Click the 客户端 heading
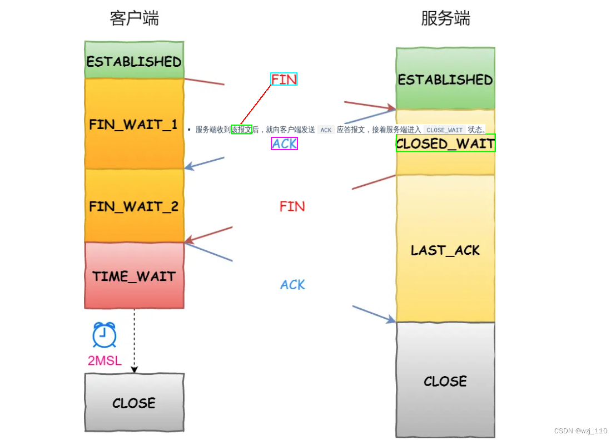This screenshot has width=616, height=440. pyautogui.click(x=134, y=18)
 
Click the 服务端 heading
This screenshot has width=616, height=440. pyautogui.click(x=445, y=18)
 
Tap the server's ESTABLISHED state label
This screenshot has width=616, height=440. pyautogui.click(x=445, y=80)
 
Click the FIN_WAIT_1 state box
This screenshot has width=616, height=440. pyautogui.click(x=133, y=124)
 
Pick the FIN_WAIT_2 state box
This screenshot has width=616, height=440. pyautogui.click(x=134, y=206)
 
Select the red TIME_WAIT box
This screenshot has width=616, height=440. pyautogui.click(x=134, y=276)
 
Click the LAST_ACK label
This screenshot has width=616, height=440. pyautogui.click(x=445, y=250)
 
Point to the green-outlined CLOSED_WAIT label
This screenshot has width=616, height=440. pyautogui.click(x=445, y=144)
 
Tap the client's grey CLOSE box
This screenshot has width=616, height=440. pyautogui.click(x=134, y=403)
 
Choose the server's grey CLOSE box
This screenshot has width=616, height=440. pyautogui.click(x=445, y=381)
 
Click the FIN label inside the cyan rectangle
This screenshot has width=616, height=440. pyautogui.click(x=284, y=80)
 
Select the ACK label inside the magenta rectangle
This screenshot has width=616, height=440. pyautogui.click(x=285, y=144)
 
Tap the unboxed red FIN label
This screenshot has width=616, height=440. pyautogui.click(x=292, y=207)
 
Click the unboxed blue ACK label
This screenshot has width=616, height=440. pyautogui.click(x=292, y=285)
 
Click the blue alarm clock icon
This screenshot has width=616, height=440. pyautogui.click(x=104, y=335)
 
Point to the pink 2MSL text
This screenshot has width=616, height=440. pyautogui.click(x=105, y=360)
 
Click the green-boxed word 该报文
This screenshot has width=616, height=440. pyautogui.click(x=242, y=130)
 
